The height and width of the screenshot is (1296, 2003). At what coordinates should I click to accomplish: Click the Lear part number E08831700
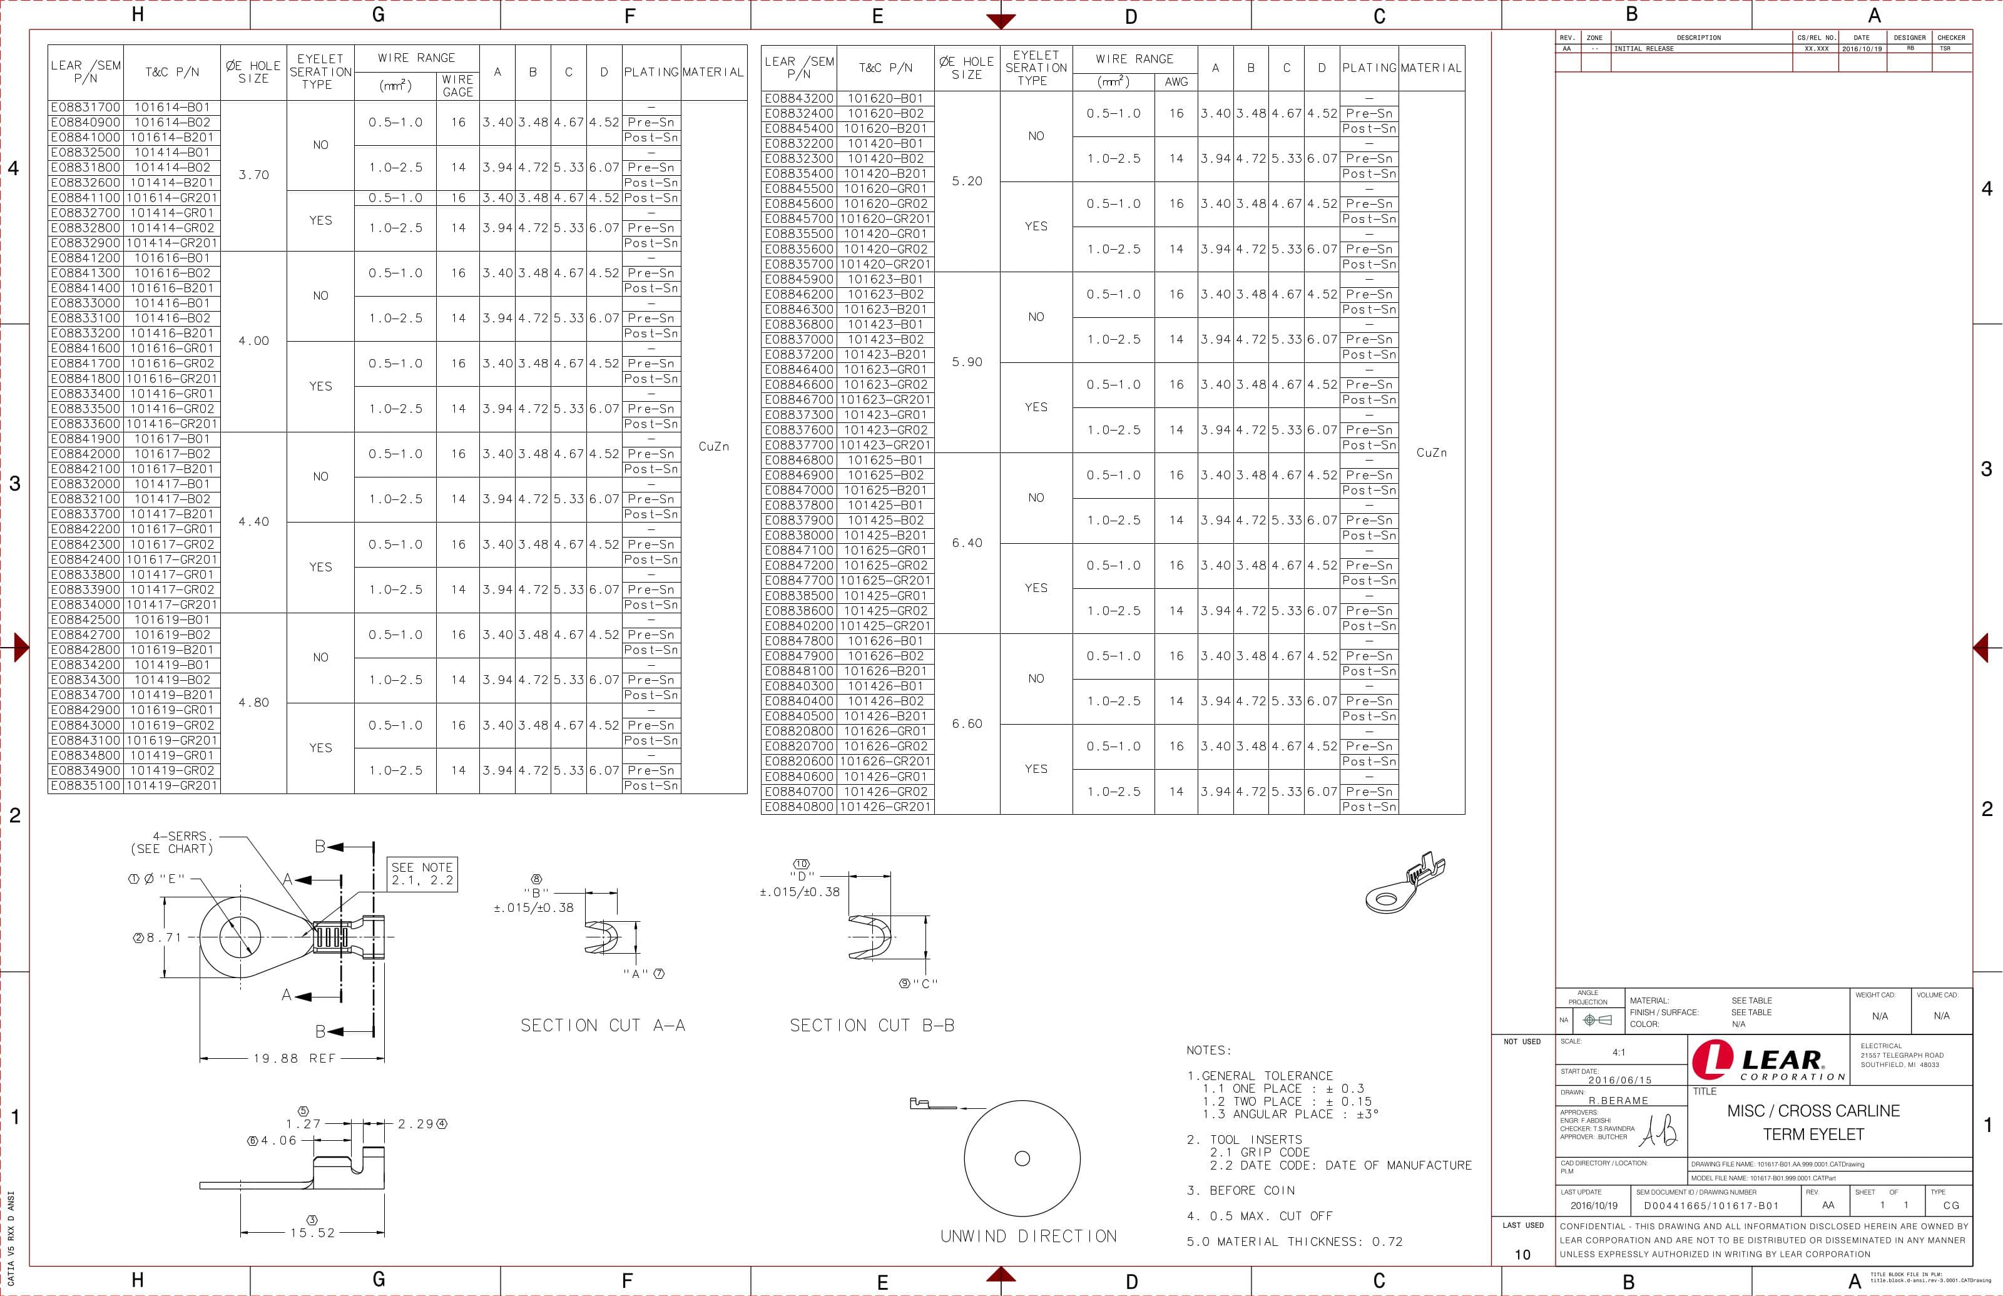click(x=86, y=108)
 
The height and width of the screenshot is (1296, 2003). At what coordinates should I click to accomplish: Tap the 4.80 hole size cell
click(x=253, y=703)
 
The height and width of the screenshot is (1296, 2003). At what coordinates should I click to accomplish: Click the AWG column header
click(x=1176, y=81)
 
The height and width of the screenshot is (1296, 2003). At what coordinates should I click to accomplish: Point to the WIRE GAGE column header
click(x=457, y=86)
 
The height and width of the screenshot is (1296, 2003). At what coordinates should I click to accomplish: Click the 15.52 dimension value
click(x=312, y=1233)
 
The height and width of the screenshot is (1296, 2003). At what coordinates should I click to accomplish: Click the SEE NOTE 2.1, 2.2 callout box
click(x=422, y=874)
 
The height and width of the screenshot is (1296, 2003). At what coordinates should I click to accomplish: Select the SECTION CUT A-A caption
click(x=603, y=1025)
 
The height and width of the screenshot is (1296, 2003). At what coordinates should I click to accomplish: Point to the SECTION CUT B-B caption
click(x=872, y=1025)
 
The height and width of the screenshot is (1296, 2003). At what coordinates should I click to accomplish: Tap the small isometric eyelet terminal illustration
click(x=1404, y=884)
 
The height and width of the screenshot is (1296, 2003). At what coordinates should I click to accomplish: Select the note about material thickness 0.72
click(x=1294, y=1242)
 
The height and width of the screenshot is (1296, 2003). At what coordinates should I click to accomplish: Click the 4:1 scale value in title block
click(x=1619, y=1052)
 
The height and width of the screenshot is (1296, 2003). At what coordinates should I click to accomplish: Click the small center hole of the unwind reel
click(x=1022, y=1159)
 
